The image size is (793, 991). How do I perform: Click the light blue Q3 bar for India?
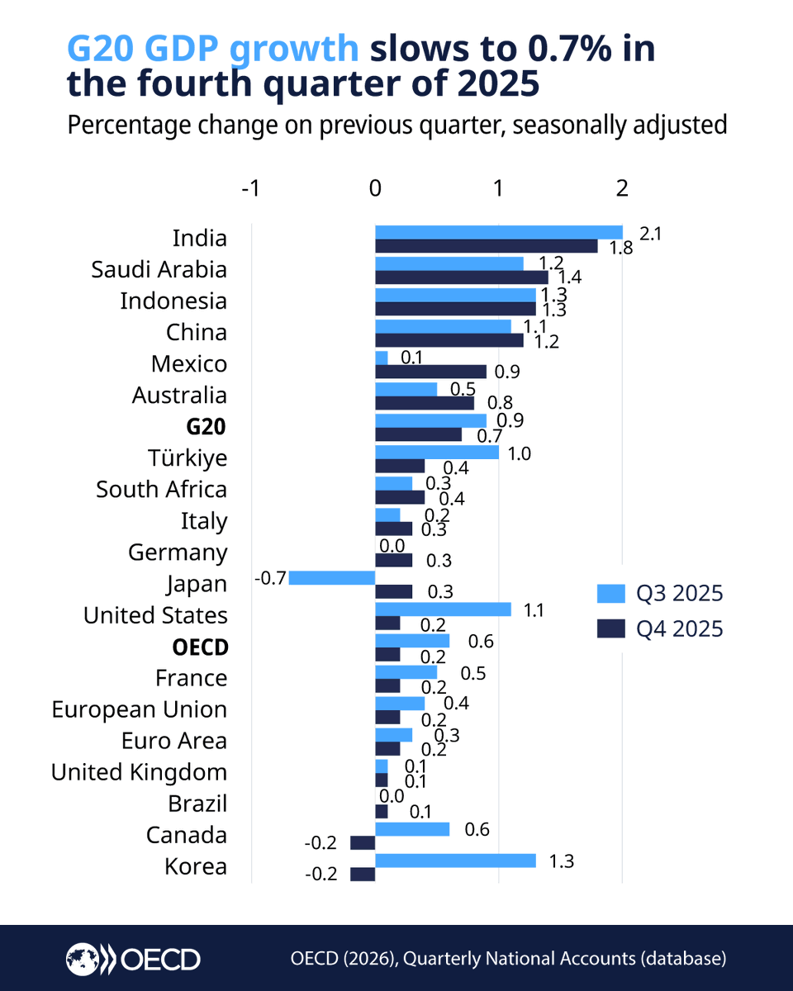(x=499, y=232)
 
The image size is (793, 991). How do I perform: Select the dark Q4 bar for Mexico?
(x=430, y=372)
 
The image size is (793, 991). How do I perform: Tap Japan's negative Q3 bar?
(x=332, y=577)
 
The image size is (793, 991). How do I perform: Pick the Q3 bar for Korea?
(x=455, y=860)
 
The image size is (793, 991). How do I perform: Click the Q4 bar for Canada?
(x=363, y=842)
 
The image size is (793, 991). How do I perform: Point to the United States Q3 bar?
(x=443, y=609)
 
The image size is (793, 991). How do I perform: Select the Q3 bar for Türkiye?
(x=437, y=452)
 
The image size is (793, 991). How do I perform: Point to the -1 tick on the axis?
(x=249, y=187)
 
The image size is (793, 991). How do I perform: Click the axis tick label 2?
(x=621, y=187)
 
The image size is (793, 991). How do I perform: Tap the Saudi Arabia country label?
(x=159, y=270)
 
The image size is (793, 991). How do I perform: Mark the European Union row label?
(x=139, y=709)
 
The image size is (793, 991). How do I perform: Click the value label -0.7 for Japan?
(x=270, y=577)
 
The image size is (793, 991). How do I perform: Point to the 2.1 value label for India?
(x=651, y=234)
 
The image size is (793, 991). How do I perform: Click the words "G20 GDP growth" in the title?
(x=212, y=50)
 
